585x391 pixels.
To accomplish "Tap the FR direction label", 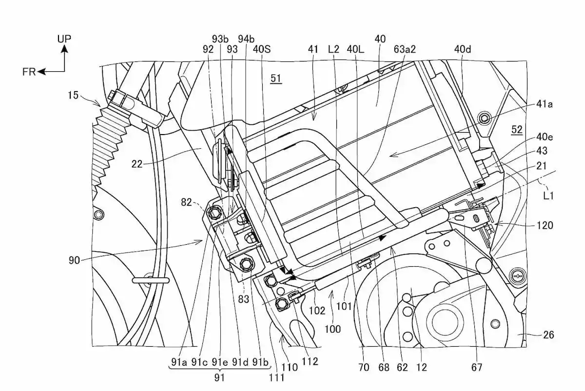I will [30, 72].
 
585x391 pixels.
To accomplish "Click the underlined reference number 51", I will [276, 78].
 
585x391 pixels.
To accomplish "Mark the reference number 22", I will [137, 164].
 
